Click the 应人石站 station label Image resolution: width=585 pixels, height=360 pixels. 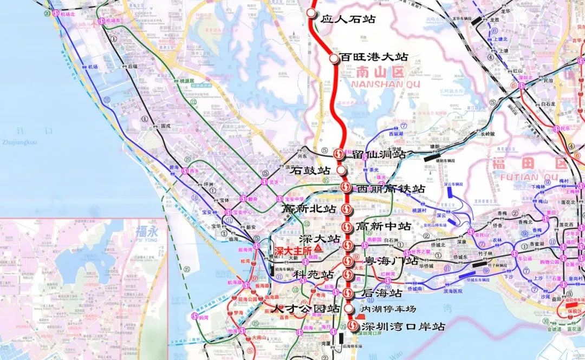347,19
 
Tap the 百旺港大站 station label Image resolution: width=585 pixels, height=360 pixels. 373,57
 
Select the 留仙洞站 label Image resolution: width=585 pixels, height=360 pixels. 379,154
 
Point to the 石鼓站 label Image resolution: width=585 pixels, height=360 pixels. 310,171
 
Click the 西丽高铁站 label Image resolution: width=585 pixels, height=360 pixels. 391,189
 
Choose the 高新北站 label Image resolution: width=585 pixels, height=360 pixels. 309,208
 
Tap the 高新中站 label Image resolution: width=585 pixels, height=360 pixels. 383,226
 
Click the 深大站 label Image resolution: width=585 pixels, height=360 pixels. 320,239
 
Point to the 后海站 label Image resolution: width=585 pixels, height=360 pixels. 382,293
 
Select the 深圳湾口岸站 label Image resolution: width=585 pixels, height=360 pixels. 404,327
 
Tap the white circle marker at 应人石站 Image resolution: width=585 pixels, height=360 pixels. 311,14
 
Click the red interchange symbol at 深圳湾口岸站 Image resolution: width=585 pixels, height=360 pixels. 353,326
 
